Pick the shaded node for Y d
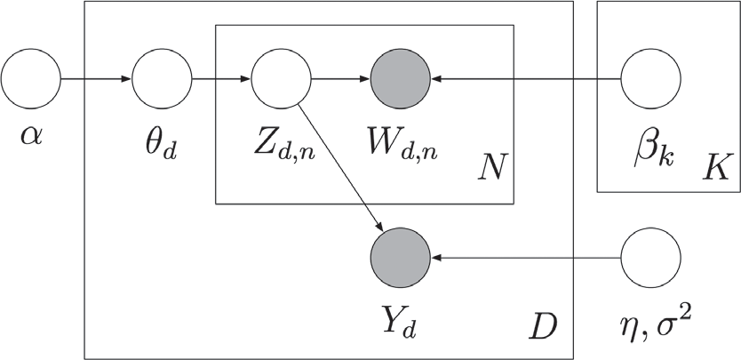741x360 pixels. click(400, 258)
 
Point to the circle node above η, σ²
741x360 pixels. click(649, 258)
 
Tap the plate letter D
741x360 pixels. click(543, 328)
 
